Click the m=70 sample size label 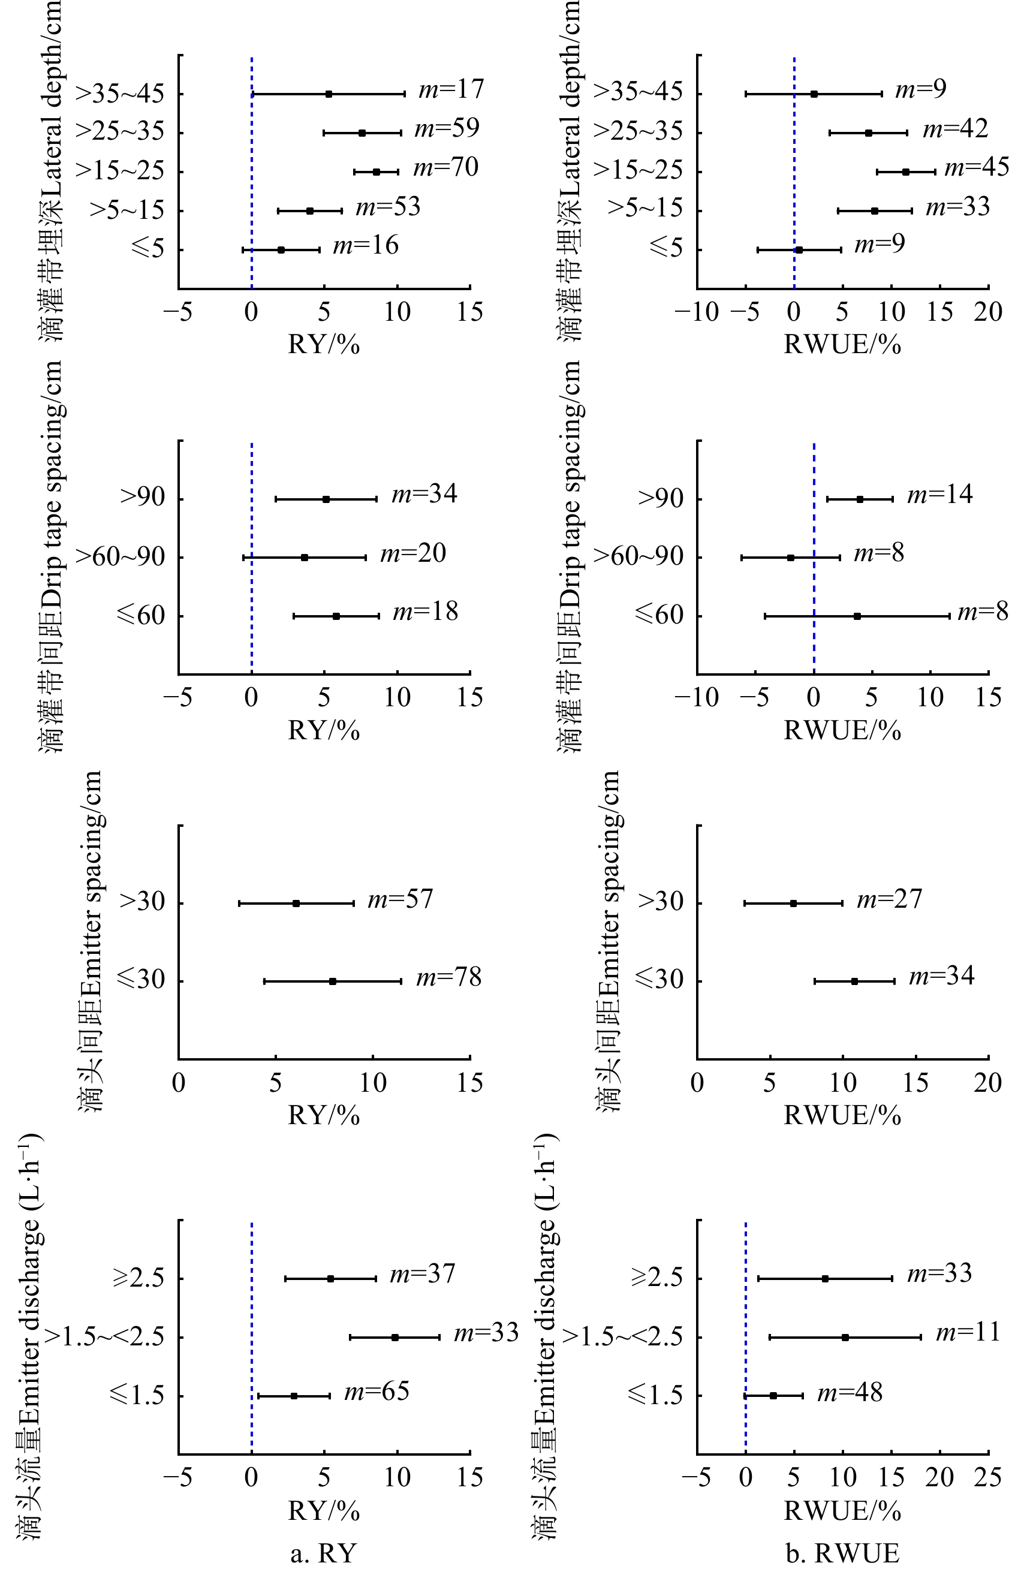coord(445,167)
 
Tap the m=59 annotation coord(446,128)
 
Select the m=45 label coord(976,167)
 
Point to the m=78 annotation coord(448,977)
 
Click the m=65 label coord(377,1392)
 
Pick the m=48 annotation coord(850,1393)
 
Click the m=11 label coord(968,1333)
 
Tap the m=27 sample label coord(889,899)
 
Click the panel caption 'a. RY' coord(323,1553)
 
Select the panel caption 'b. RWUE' coord(842,1553)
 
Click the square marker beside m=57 coord(296,903)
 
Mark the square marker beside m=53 coord(310,211)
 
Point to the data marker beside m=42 coord(869,133)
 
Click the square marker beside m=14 coord(860,499)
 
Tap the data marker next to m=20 coord(305,558)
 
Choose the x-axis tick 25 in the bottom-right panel coord(987,1477)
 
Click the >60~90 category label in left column coord(120,558)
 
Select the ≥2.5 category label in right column coord(656,1278)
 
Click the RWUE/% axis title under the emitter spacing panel coord(842,1115)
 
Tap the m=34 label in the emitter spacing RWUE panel coord(941,976)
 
